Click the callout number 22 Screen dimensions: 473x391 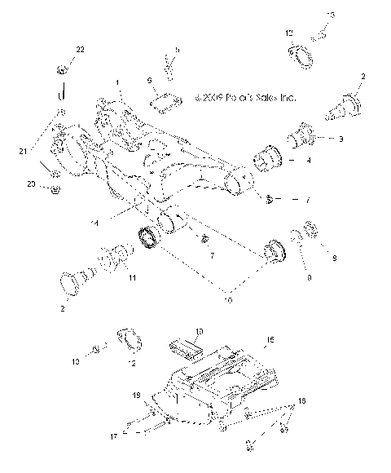(x=79, y=51)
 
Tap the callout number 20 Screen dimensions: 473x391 (x=30, y=186)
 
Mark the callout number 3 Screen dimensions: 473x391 (x=340, y=139)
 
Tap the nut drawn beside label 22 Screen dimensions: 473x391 (x=63, y=68)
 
